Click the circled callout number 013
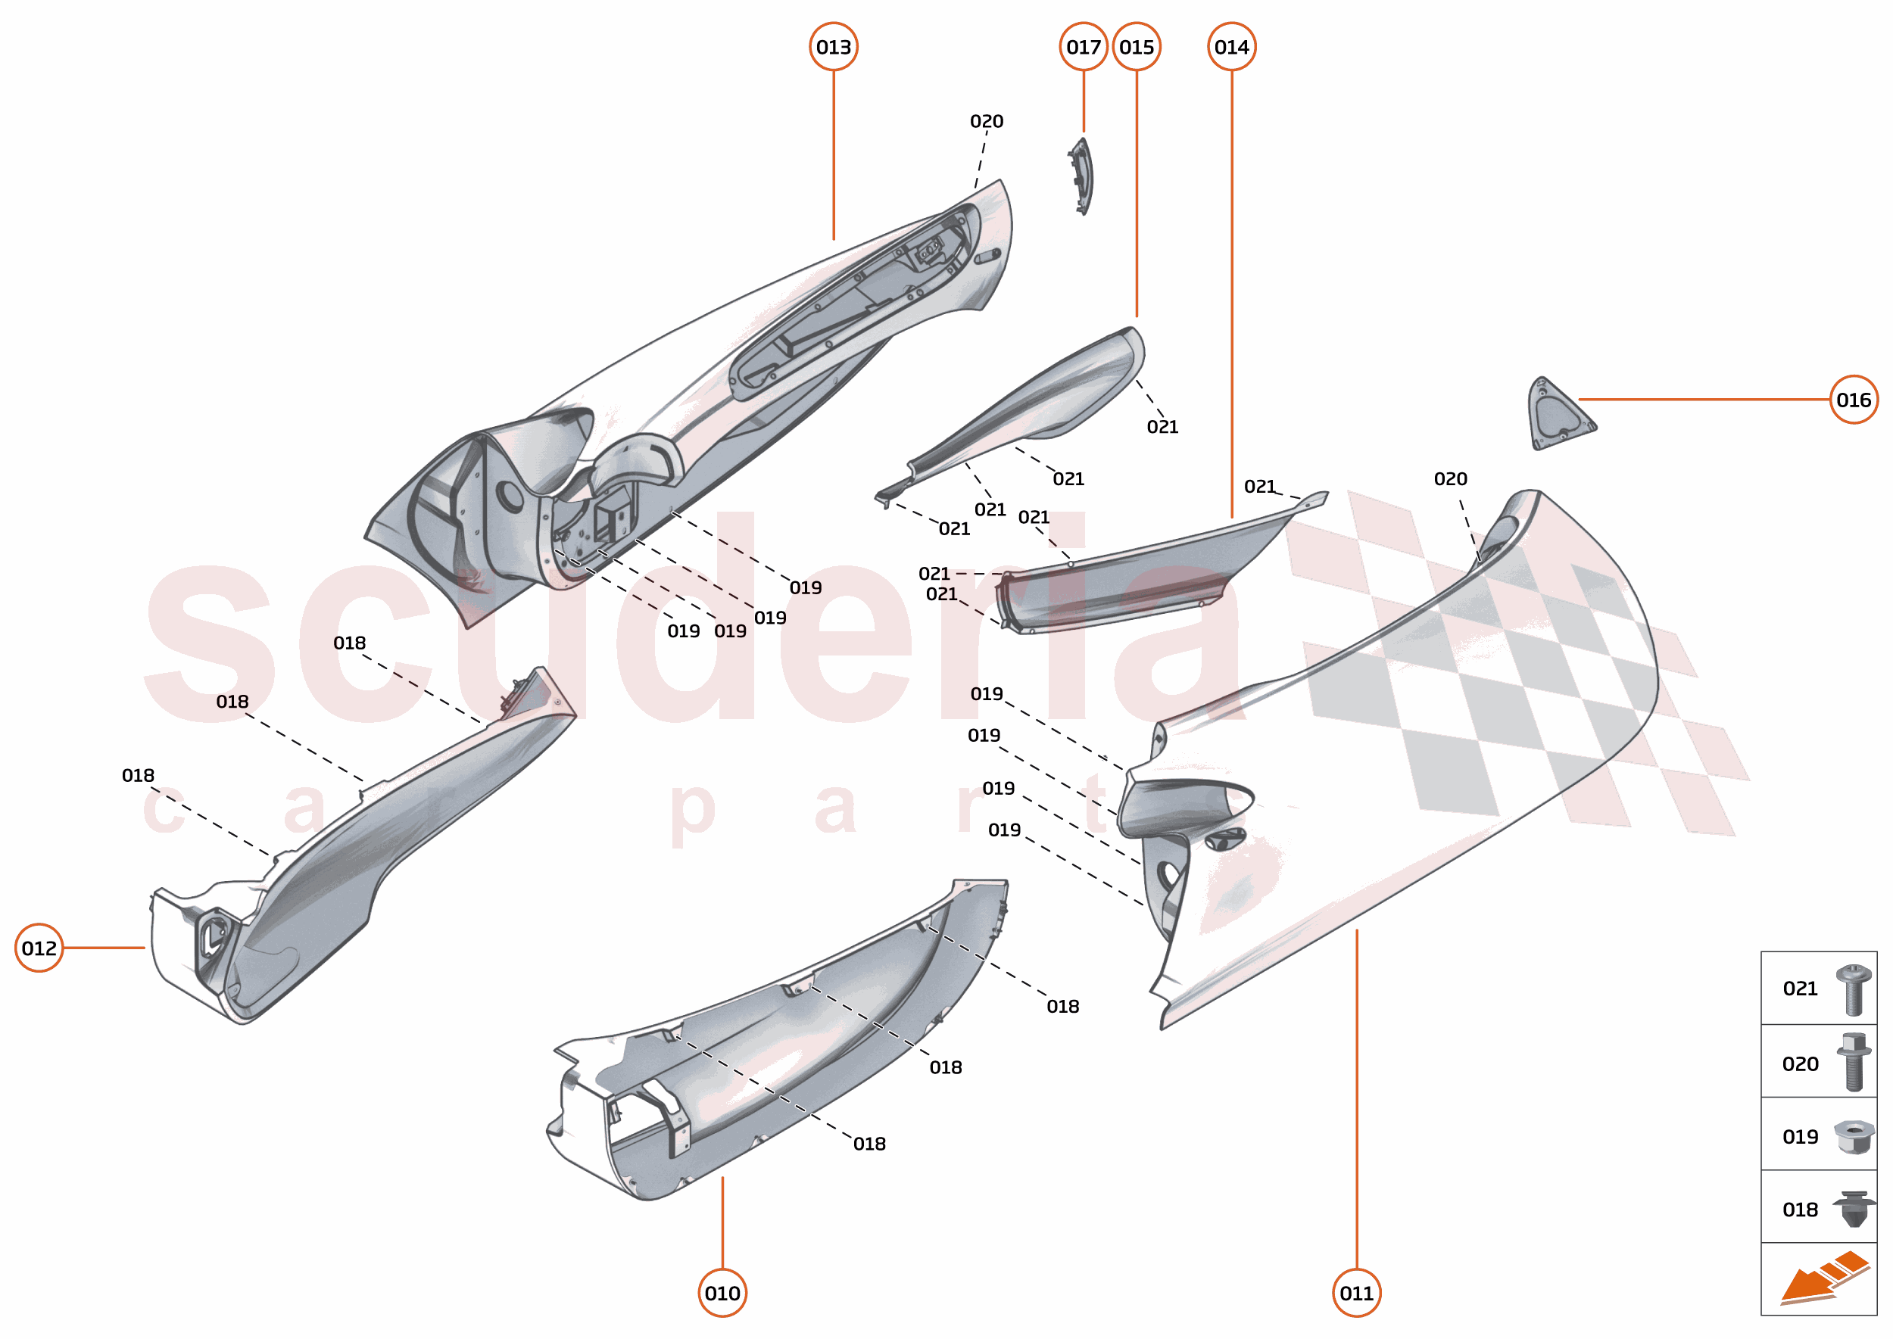point(833,47)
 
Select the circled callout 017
point(1083,47)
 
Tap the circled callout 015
point(1137,47)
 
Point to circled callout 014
point(1231,47)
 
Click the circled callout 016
point(1854,400)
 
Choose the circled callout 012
point(39,948)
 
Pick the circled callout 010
point(722,1293)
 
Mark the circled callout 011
point(1357,1293)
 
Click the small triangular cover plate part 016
point(1558,415)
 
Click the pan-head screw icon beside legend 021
point(1853,989)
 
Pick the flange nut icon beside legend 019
point(1853,1138)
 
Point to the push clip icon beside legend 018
point(1853,1209)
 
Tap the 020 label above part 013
point(987,121)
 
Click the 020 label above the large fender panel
point(1450,479)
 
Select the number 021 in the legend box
point(1800,989)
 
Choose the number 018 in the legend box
point(1800,1210)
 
